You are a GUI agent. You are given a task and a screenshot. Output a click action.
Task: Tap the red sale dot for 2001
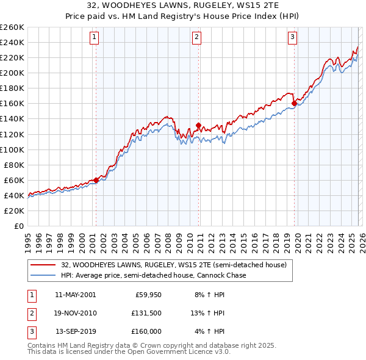click(96, 180)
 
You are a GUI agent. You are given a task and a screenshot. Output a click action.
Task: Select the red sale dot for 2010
click(198, 125)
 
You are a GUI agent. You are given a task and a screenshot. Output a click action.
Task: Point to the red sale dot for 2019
click(294, 104)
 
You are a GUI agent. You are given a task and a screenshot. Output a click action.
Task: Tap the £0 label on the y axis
click(20, 226)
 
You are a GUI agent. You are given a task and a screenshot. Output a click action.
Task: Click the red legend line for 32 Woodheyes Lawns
click(43, 265)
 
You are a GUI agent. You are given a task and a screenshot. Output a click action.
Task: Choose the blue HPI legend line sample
click(43, 275)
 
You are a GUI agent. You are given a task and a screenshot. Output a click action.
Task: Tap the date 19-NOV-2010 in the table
click(76, 313)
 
